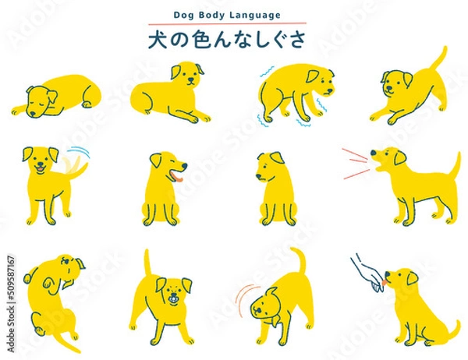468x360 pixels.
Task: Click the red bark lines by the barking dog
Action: pos(355,163)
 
